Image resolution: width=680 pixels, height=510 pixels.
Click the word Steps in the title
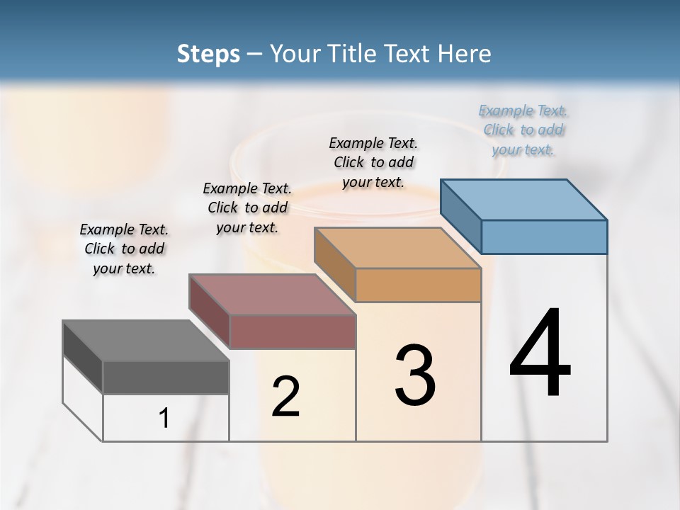tap(208, 54)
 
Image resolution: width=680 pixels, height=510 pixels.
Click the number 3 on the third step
tap(415, 375)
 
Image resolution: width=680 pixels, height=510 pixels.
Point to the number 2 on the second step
tap(286, 397)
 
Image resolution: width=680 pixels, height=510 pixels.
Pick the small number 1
tap(164, 419)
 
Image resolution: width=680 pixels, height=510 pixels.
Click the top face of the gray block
tap(145, 341)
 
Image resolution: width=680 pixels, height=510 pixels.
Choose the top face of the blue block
tap(523, 200)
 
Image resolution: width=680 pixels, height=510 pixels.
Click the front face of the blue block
tap(544, 237)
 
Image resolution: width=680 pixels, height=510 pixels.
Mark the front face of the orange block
tap(418, 285)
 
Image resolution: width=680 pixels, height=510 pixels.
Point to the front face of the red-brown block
tap(292, 331)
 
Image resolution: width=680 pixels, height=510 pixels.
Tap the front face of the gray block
tap(166, 377)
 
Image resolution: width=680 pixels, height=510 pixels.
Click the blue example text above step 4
tap(523, 130)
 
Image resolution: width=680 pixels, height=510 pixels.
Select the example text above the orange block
tap(373, 162)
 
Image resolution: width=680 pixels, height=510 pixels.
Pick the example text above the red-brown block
tap(247, 208)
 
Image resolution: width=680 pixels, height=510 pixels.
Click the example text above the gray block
tap(124, 249)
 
